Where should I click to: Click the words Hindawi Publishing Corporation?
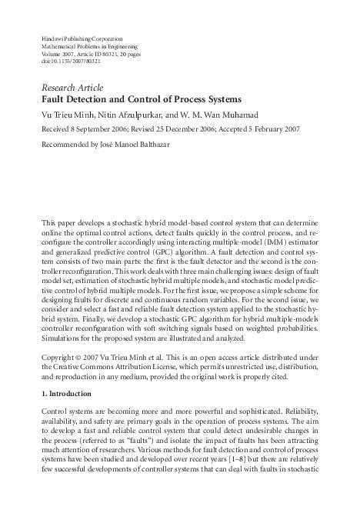pos(82,38)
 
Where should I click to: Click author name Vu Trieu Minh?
pos(68,115)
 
